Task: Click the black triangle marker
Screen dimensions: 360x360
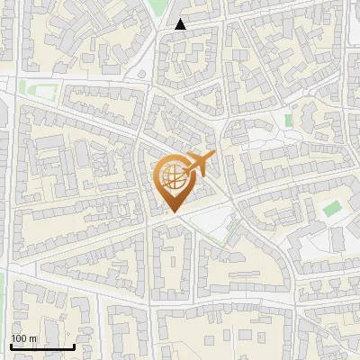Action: point(181,24)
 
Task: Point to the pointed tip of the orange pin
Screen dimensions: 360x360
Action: point(174,211)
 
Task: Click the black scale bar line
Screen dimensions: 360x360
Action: point(42,346)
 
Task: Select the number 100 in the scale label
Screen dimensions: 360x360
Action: point(19,338)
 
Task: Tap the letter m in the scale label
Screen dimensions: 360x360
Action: point(33,338)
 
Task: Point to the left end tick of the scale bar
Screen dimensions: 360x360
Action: point(11,345)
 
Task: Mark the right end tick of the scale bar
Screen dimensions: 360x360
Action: point(74,345)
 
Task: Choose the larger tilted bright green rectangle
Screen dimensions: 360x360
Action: point(333,208)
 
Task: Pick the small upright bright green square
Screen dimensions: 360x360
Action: point(289,120)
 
